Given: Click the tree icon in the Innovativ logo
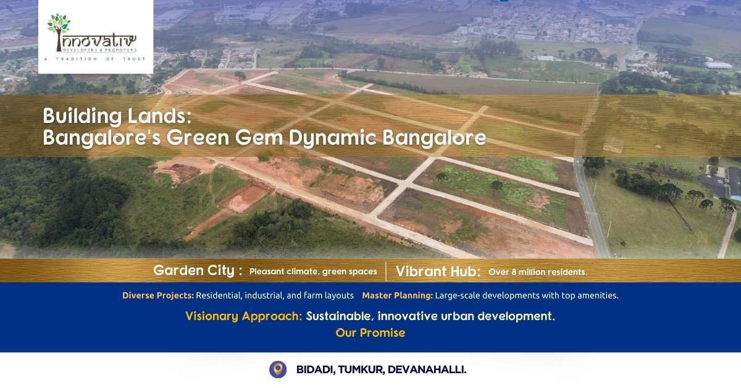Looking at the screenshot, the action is pos(59,30).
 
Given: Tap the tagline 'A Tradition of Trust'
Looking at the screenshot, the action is pos(95,59).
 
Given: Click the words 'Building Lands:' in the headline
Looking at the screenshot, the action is pos(117,117).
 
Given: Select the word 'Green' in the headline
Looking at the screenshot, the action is pos(198,138).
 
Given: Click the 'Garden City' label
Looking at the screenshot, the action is pos(194,271).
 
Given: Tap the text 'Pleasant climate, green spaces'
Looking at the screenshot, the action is pos(313,271).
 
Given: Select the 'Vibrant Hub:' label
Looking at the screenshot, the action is pos(438,271).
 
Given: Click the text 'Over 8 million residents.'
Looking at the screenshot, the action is pos(538,272).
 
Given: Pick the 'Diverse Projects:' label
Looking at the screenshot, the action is pos(158,295).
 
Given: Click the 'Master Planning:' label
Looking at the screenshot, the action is pos(397,295).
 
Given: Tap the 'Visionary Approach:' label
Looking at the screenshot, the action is pos(243,316).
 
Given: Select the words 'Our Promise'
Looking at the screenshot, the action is pos(370,333).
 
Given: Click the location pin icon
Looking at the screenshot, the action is pos(278,369).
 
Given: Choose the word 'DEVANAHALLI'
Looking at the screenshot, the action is pos(425,369).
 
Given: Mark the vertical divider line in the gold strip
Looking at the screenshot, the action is pos(386,271).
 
